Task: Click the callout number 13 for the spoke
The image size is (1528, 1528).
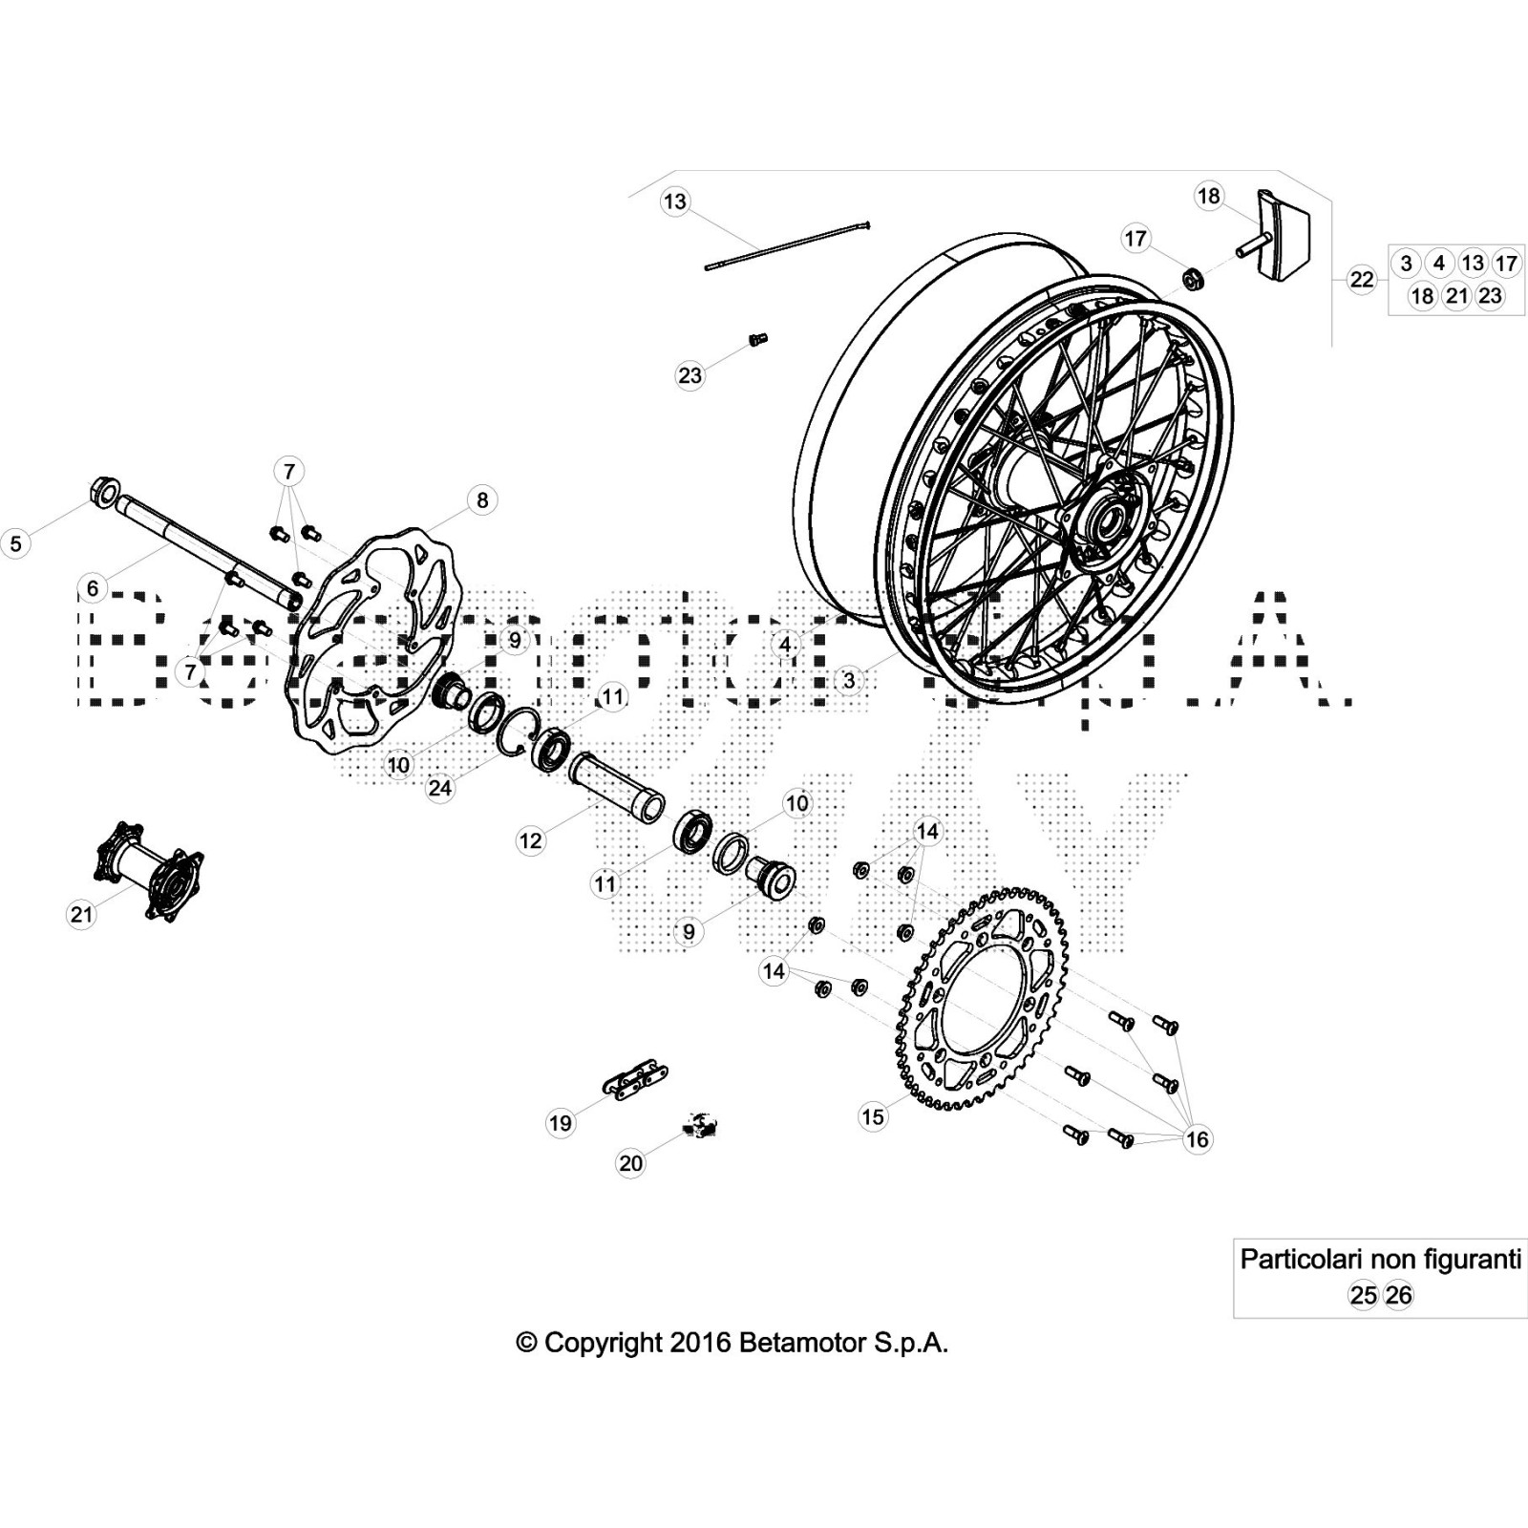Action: pyautogui.click(x=674, y=202)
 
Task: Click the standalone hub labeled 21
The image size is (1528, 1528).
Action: pyautogui.click(x=149, y=869)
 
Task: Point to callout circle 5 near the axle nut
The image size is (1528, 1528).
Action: pyautogui.click(x=15, y=543)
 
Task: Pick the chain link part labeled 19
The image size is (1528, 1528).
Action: pyautogui.click(x=633, y=1081)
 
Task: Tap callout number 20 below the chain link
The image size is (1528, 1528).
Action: pyautogui.click(x=630, y=1163)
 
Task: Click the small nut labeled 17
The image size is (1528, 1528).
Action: pyautogui.click(x=1192, y=280)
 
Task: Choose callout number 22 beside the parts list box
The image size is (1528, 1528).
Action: pyautogui.click(x=1361, y=280)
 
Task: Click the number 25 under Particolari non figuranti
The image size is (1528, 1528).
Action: pyautogui.click(x=1363, y=1295)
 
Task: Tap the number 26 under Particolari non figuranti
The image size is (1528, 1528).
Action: pyautogui.click(x=1398, y=1295)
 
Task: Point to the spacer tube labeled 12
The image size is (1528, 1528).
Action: pyautogui.click(x=617, y=786)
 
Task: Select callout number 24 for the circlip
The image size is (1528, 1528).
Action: pyautogui.click(x=439, y=788)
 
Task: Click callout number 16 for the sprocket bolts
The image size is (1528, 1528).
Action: pyautogui.click(x=1197, y=1138)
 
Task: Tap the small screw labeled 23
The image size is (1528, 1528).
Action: pyautogui.click(x=758, y=339)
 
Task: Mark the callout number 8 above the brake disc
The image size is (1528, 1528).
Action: pyautogui.click(x=482, y=499)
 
